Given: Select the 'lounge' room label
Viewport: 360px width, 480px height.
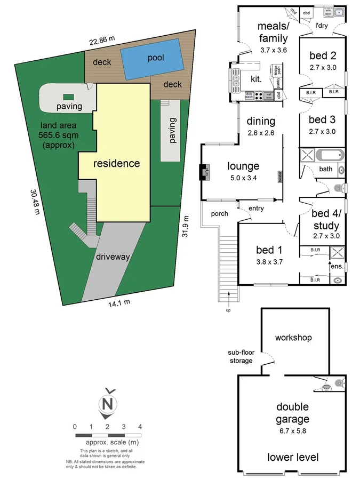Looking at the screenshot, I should click(x=243, y=166).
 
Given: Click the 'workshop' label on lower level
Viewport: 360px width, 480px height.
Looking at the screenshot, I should click(x=293, y=338).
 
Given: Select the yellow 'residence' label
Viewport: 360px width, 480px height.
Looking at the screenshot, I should click(x=117, y=163).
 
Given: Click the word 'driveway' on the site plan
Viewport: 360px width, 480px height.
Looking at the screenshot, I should click(x=113, y=257).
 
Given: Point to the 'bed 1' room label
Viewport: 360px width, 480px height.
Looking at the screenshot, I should click(x=267, y=251).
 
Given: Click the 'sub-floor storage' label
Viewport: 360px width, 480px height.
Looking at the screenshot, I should click(x=240, y=357).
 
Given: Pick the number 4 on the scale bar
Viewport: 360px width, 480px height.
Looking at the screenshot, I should click(x=139, y=427).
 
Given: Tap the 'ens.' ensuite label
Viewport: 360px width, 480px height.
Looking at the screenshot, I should click(x=337, y=266).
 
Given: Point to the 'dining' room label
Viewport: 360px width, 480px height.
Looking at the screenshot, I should click(x=260, y=122).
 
